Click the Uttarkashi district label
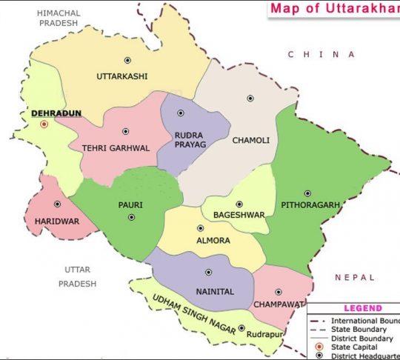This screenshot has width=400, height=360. coord(122,76)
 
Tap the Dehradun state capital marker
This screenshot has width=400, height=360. coord(44,124)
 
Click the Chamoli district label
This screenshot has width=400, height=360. coord(250,140)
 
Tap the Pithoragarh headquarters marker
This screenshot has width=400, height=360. coord(307,193)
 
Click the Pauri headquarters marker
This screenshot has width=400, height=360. coord(131,217)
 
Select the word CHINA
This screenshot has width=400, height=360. coord(321,54)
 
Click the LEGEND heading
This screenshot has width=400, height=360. coord(363,308)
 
